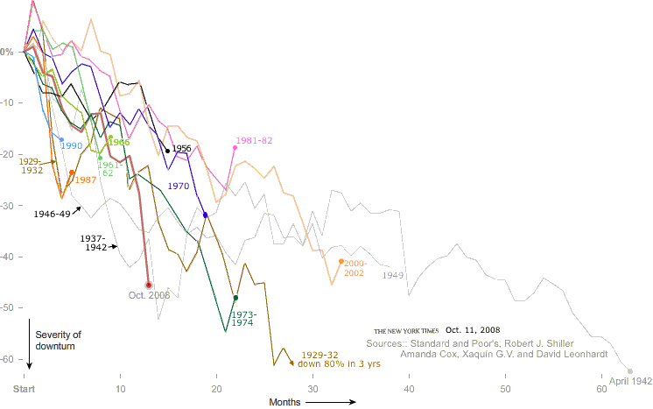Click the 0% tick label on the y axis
click(x=7, y=53)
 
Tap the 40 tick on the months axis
click(x=409, y=388)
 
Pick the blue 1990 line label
click(x=71, y=146)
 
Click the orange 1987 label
click(x=85, y=180)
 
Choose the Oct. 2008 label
click(x=149, y=295)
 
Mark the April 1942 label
click(x=630, y=383)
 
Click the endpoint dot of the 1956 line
click(x=167, y=151)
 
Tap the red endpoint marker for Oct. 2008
click(x=148, y=285)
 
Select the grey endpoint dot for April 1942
click(x=629, y=371)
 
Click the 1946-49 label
click(x=52, y=213)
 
